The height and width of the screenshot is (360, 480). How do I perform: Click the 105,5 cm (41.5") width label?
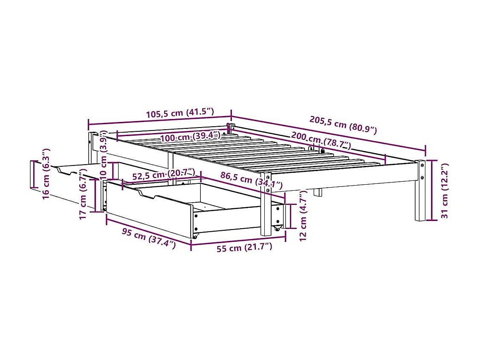point(179,113)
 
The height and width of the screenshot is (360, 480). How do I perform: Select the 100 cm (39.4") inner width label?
point(190,137)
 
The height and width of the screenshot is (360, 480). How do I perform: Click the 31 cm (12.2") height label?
point(445,191)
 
